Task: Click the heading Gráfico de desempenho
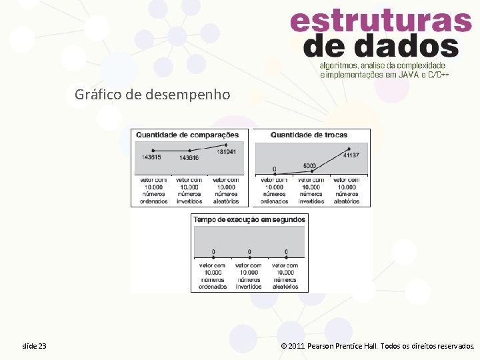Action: click(153, 95)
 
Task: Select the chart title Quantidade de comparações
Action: click(187, 135)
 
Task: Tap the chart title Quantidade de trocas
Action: click(309, 135)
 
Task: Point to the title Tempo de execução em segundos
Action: click(249, 219)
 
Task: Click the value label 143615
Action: click(151, 157)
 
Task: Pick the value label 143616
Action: click(189, 157)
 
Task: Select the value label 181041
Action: click(226, 151)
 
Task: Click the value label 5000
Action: click(309, 165)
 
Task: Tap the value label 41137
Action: click(351, 155)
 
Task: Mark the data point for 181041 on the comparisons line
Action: click(226, 145)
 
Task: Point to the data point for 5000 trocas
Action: click(311, 171)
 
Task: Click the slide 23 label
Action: click(34, 346)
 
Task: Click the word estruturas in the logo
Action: click(381, 22)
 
